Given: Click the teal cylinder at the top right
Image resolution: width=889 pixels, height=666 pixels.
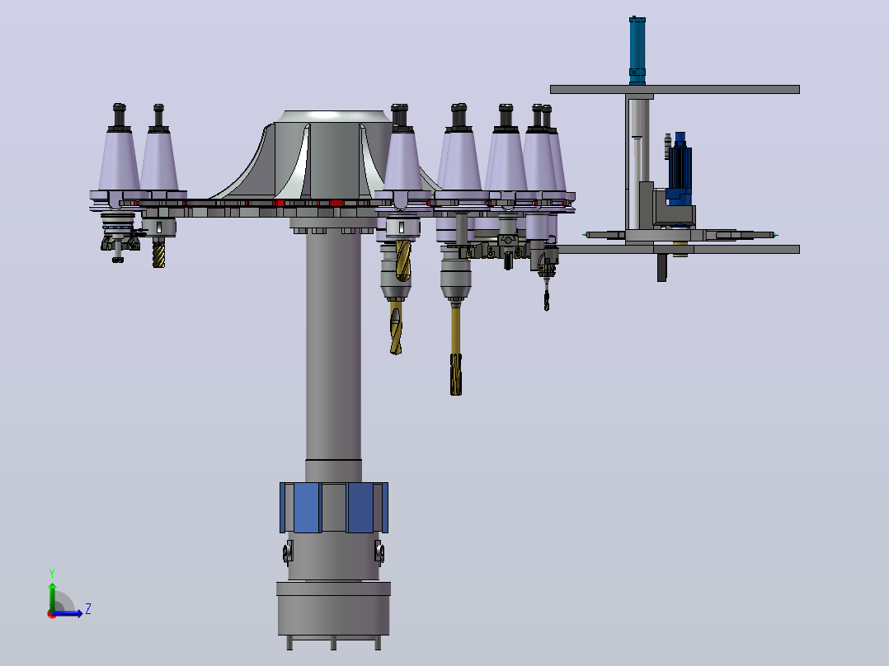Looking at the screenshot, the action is point(637,50).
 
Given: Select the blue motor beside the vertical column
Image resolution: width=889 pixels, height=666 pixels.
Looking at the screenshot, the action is point(680,168).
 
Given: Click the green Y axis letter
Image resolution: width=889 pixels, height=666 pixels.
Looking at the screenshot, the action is point(52,573).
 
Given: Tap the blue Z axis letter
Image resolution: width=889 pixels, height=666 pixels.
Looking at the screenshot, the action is point(88,609).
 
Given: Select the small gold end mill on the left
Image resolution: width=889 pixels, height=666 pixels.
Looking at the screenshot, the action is point(158,252).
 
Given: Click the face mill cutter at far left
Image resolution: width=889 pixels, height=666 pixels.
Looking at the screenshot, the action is point(119,238).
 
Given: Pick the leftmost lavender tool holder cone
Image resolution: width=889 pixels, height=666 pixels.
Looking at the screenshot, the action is point(119,162).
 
